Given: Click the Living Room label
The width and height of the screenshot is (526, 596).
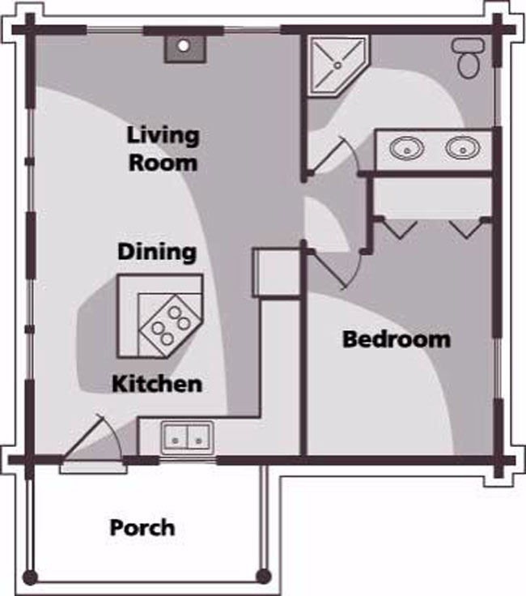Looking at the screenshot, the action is pos(163,149).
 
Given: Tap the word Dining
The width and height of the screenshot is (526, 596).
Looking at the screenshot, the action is pos(157,252).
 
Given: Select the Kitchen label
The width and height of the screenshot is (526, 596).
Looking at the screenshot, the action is pos(157,384).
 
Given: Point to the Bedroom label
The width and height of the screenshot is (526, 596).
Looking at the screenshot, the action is pos(397,339).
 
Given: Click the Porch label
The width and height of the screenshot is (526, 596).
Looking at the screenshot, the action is pos(142,528).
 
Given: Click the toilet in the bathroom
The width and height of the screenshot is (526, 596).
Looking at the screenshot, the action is pos(469,58).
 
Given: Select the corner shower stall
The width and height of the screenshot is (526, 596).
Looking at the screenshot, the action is pos(337,66).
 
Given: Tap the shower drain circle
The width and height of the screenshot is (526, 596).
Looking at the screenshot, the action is pos(337,66).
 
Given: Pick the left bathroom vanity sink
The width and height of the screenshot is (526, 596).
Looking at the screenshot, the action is pos(406,148).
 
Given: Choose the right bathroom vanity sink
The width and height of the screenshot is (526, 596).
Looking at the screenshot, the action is pos(463,148).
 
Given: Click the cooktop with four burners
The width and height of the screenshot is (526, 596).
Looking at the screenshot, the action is pos(170,326).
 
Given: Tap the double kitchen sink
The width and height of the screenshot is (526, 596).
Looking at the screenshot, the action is pos(187,438).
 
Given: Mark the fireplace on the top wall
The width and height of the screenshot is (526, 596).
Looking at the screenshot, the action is pos(185,49).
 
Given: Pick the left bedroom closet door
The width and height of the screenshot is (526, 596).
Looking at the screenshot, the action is pos(400,229).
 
